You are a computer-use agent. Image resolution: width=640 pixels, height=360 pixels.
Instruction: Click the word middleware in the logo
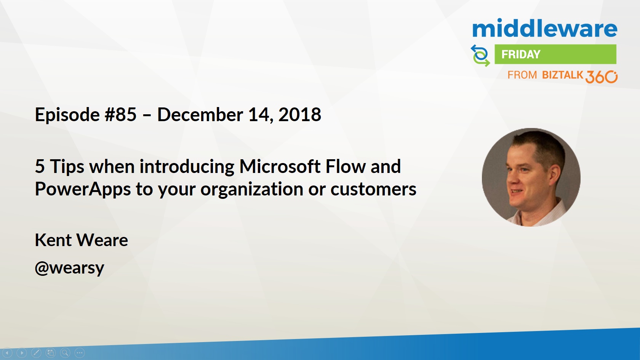pyautogui.click(x=545, y=28)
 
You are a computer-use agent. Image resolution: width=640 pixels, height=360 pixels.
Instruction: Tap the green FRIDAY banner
pyautogui.click(x=555, y=54)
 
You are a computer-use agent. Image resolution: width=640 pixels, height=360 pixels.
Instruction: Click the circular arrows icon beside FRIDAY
pyautogui.click(x=481, y=56)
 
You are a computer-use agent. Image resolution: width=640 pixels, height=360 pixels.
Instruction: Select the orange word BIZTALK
pyautogui.click(x=563, y=75)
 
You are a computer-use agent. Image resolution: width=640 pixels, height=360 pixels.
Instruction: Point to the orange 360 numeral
pyautogui.click(x=602, y=77)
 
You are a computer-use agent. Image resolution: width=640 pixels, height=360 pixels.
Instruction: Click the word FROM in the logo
pyautogui.click(x=522, y=75)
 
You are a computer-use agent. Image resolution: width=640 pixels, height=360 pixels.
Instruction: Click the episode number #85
pyautogui.click(x=120, y=115)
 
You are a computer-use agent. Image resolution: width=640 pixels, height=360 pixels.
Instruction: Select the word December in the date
pyautogui.click(x=200, y=115)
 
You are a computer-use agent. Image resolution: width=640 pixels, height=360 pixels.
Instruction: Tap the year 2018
pyautogui.click(x=300, y=115)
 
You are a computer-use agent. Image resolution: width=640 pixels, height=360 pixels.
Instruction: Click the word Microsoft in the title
pyautogui.click(x=280, y=166)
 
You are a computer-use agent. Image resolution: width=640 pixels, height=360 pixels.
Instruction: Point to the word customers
pyautogui.click(x=373, y=189)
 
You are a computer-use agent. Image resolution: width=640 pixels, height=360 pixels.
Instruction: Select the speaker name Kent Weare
pyautogui.click(x=82, y=240)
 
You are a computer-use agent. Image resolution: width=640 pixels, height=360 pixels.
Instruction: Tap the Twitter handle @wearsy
pyautogui.click(x=69, y=268)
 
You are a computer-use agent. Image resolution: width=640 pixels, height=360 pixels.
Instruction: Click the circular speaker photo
pyautogui.click(x=531, y=177)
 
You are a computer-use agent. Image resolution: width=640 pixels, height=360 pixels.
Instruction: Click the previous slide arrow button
pyautogui.click(x=7, y=353)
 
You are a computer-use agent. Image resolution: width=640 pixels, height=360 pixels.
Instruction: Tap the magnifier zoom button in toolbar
pyautogui.click(x=65, y=353)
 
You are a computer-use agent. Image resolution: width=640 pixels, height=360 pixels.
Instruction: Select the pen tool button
pyautogui.click(x=36, y=353)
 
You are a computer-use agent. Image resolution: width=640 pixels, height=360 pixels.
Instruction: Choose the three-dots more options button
pyautogui.click(x=80, y=353)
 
